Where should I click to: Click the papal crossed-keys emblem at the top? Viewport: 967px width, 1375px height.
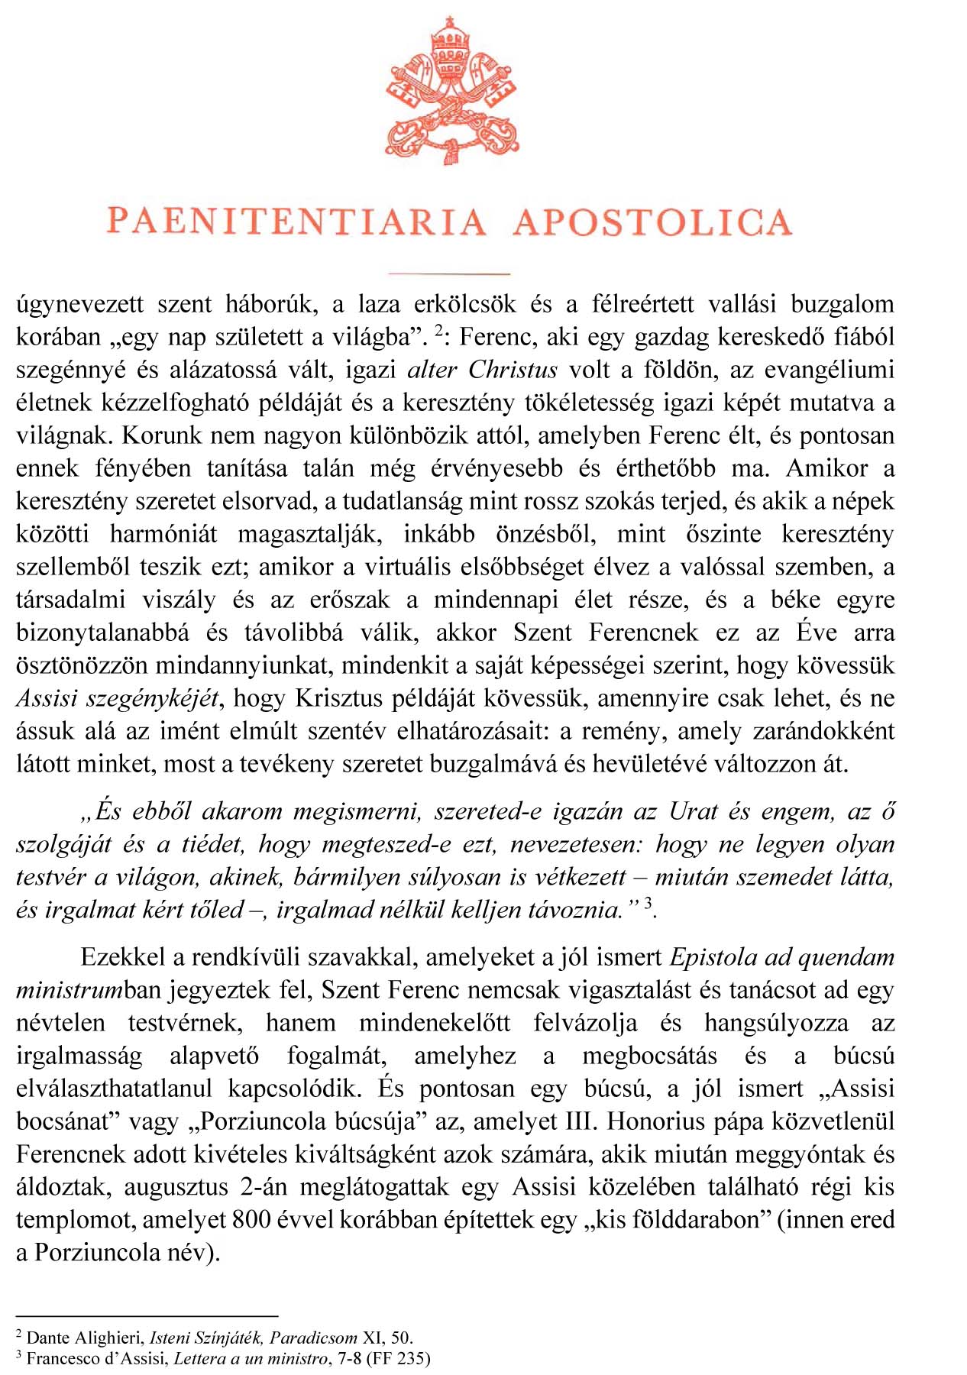click(452, 89)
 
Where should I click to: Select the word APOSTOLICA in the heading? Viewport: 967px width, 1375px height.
click(652, 222)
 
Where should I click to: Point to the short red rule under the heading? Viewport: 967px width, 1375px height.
click(448, 273)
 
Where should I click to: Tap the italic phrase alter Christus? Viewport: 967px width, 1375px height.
click(483, 370)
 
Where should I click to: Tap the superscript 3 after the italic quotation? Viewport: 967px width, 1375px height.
click(648, 904)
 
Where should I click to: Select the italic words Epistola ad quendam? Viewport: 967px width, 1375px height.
click(781, 957)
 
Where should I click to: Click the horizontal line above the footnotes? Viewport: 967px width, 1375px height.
click(147, 1316)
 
